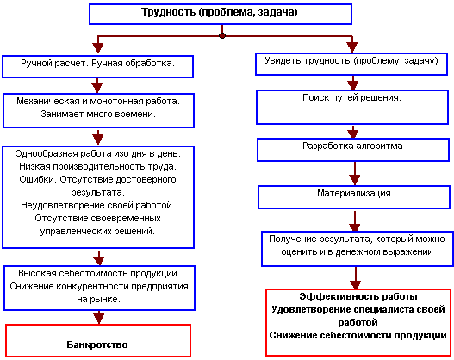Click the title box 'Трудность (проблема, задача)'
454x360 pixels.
click(x=221, y=14)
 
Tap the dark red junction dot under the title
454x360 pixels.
click(x=222, y=36)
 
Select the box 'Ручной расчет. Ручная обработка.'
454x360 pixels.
click(x=98, y=67)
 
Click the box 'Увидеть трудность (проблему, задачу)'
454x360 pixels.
click(x=351, y=64)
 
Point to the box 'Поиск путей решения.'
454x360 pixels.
click(x=352, y=108)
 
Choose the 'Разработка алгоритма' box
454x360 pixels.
click(x=353, y=150)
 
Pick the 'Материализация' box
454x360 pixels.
click(x=354, y=197)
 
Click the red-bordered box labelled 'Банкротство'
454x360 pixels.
click(x=98, y=340)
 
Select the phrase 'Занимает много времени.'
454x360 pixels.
click(x=98, y=114)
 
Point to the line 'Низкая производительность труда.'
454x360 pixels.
click(x=98, y=167)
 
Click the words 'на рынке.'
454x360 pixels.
click(x=98, y=299)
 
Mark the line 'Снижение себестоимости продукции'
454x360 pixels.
click(x=358, y=335)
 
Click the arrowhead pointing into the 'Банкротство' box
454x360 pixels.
click(x=99, y=319)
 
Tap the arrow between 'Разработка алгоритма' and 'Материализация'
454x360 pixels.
click(x=354, y=173)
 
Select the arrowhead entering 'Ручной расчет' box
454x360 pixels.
click(x=98, y=48)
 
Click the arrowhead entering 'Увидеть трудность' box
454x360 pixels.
click(x=352, y=47)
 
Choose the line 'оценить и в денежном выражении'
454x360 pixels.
click(x=357, y=252)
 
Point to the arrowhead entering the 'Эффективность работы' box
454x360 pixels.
click(x=356, y=284)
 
